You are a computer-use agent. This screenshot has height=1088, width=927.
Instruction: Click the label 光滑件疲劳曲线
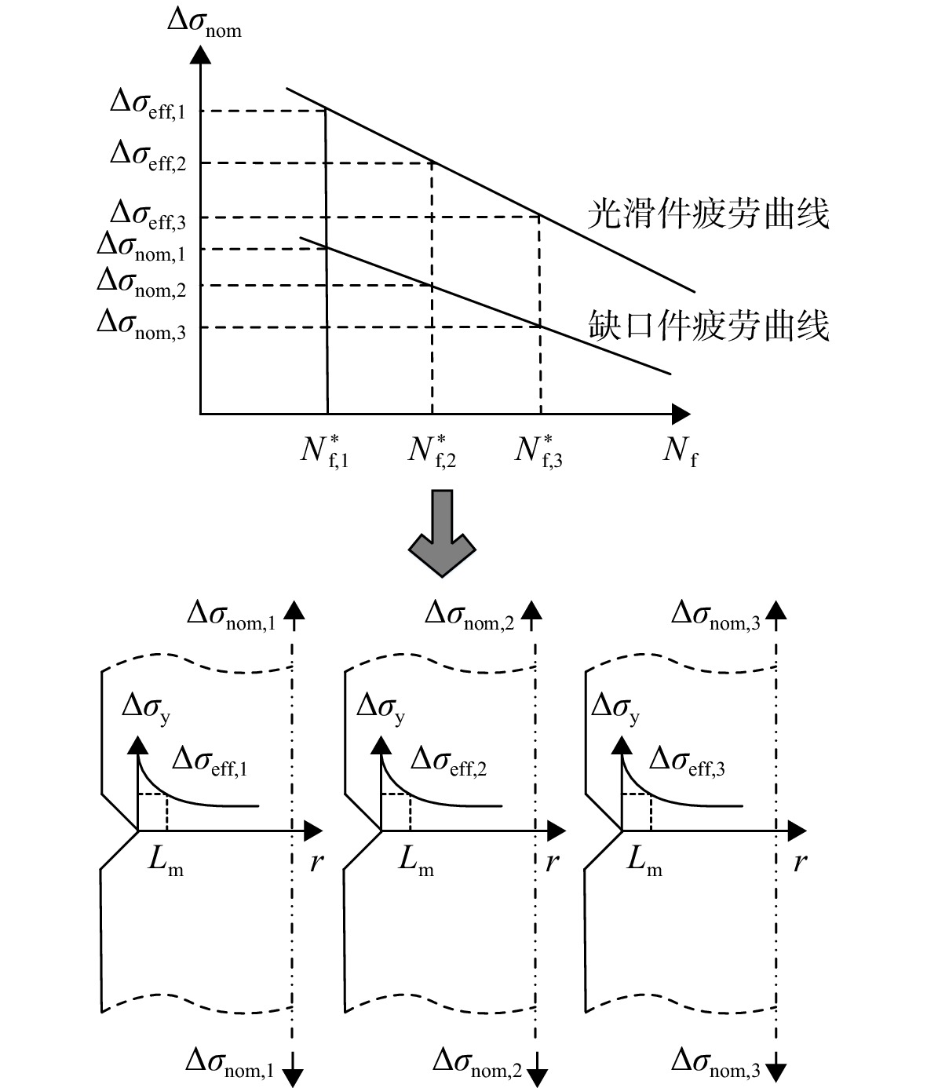(708, 214)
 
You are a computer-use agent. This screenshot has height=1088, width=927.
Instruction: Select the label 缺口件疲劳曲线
(708, 325)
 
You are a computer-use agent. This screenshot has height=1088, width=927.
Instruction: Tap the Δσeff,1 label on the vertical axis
(148, 104)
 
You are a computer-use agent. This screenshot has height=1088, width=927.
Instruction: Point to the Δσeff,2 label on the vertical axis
(148, 156)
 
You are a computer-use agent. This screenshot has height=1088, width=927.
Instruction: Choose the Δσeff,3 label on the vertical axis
(148, 215)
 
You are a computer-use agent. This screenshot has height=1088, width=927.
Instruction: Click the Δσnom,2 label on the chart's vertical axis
(141, 283)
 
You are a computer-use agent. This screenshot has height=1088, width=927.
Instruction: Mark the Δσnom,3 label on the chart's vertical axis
(141, 324)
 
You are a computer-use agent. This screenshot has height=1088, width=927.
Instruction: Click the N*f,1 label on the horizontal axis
(324, 451)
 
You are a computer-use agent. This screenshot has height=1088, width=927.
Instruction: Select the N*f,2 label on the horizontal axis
(432, 451)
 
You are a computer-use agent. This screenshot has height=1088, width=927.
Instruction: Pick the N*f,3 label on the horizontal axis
(538, 451)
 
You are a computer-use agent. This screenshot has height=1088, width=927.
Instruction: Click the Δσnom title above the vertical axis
(205, 24)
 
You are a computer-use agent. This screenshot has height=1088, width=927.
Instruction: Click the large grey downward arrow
(442, 533)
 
